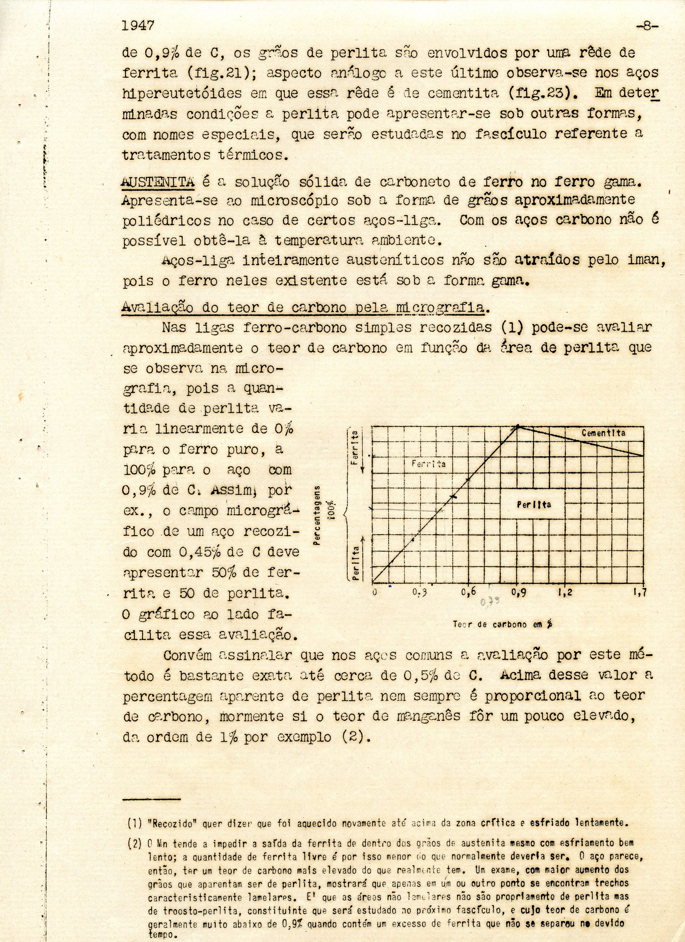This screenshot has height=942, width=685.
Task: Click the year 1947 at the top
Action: click(x=138, y=26)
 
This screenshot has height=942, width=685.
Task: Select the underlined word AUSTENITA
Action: click(x=158, y=182)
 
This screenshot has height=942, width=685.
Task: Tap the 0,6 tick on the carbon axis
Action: click(x=468, y=593)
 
